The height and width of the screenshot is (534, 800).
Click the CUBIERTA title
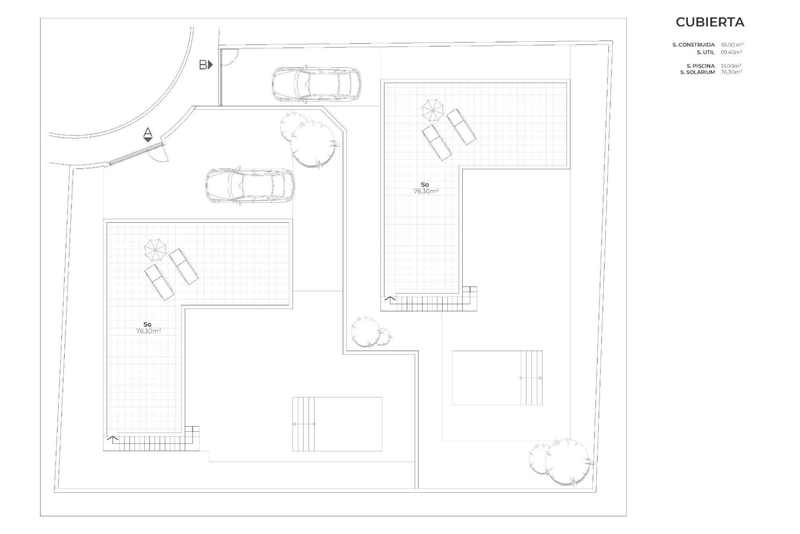[x=710, y=22]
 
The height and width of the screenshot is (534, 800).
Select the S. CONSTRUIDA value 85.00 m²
[x=732, y=45]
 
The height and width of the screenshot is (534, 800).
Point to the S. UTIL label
[x=706, y=53]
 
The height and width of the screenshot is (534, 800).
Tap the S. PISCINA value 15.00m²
[x=731, y=66]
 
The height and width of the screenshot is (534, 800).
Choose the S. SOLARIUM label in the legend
[x=697, y=72]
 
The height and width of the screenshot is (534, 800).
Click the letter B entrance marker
[x=206, y=65]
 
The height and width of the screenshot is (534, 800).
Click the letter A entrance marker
[x=147, y=135]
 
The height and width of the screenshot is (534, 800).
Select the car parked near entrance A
[x=250, y=186]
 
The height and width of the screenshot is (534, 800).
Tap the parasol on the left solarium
[x=155, y=249]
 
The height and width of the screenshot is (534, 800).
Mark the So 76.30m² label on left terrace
[x=147, y=328]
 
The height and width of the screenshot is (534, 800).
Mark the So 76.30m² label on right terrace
[x=425, y=188]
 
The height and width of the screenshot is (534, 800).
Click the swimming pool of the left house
[x=337, y=424]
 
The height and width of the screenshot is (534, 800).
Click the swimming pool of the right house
[x=497, y=378]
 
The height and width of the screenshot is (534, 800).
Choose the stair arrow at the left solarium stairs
[x=112, y=438]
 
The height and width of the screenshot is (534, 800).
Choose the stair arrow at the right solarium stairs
[x=390, y=299]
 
